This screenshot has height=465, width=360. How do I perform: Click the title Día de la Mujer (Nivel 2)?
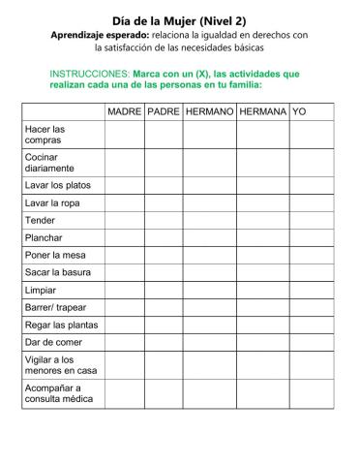click(179, 17)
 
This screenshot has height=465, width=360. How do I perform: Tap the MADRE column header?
click(124, 112)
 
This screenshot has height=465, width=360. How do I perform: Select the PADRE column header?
click(163, 112)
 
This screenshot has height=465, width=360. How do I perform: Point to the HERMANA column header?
click(262, 112)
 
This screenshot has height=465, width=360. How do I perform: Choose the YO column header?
click(299, 112)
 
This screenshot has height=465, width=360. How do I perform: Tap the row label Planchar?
click(45, 237)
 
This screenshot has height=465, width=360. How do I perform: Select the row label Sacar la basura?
click(58, 272)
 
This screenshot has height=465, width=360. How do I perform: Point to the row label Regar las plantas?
click(61, 325)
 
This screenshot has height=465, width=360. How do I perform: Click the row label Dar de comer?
click(53, 342)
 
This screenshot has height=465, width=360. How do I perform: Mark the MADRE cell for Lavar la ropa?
click(124, 201)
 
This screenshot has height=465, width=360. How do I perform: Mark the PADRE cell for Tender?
click(163, 220)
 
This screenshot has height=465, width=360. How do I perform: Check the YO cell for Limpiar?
click(312, 290)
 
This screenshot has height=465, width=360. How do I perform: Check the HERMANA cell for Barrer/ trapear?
click(262, 307)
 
